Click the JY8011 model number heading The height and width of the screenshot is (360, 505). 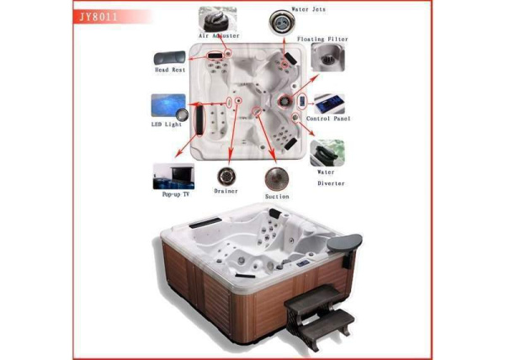[x=98, y=17]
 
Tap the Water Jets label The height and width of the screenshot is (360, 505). [x=308, y=9]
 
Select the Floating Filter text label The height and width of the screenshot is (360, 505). [x=322, y=40]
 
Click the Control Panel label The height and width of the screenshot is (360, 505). [x=328, y=119]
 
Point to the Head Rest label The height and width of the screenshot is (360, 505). [x=170, y=70]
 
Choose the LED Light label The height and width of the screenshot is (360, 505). [x=167, y=124]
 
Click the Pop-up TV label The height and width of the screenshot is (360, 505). [x=176, y=194]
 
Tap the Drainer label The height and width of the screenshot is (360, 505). [x=226, y=191]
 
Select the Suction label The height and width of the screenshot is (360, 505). [x=277, y=196]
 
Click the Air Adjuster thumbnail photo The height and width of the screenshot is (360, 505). [x=218, y=19]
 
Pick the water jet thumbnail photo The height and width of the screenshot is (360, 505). [x=282, y=23]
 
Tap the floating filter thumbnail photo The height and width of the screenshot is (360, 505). [x=328, y=57]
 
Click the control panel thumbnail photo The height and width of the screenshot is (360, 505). [x=329, y=104]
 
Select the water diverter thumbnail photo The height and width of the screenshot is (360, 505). [x=327, y=153]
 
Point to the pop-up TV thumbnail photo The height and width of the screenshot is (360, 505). [x=173, y=177]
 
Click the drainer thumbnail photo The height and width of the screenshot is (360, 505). [x=226, y=177]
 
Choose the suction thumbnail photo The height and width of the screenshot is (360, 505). [x=277, y=179]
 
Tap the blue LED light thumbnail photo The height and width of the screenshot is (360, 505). [x=168, y=105]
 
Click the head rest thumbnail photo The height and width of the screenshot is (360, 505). [x=170, y=57]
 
